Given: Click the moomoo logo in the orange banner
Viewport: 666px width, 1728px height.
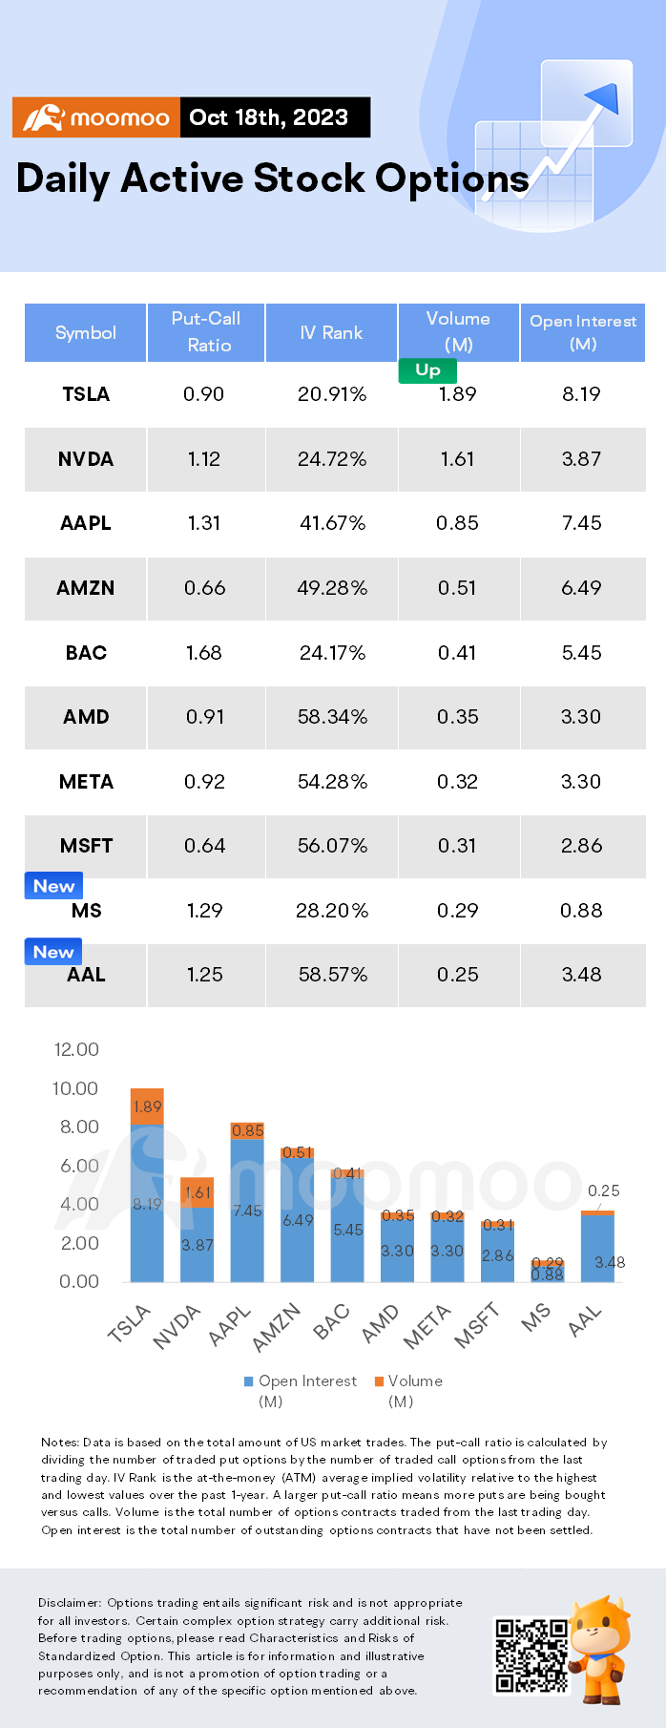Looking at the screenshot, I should [95, 117].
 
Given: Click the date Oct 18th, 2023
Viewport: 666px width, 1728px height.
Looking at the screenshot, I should [269, 117].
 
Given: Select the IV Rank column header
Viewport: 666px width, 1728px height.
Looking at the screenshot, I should [331, 332].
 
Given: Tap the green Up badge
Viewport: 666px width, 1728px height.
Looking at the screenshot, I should [427, 369].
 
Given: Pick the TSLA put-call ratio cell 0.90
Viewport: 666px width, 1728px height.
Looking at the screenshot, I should [203, 394].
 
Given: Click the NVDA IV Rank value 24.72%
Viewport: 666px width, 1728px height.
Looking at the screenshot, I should [332, 459].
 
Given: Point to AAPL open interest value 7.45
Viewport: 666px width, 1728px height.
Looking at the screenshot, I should [582, 523].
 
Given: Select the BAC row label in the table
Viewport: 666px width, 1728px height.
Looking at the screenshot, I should [86, 653].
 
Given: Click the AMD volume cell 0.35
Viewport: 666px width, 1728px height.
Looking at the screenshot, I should [458, 717].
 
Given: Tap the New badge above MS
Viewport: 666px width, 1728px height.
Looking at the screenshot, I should [53, 886].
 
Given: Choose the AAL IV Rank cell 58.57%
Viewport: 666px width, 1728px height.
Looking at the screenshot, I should [333, 975].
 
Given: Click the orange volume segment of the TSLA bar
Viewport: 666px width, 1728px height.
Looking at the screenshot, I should [147, 1106].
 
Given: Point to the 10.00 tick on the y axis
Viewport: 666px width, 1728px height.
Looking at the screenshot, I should [75, 1088].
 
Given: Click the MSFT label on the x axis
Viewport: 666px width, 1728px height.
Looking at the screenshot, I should [476, 1326].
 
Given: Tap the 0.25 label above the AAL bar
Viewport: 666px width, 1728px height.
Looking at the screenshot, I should [604, 1191].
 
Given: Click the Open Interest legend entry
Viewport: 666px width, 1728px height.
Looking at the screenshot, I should [301, 1381].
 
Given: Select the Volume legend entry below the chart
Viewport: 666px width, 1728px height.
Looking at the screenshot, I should [408, 1381].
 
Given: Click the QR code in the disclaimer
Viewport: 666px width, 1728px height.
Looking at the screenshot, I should [531, 1654].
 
